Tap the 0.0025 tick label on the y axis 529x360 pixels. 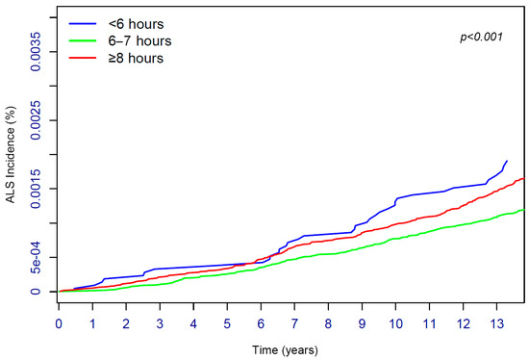pyautogui.click(x=36, y=121)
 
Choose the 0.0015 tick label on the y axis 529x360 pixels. pyautogui.click(x=36, y=189)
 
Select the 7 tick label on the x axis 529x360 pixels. pyautogui.click(x=294, y=309)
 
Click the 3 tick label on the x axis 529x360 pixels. pyautogui.click(x=160, y=309)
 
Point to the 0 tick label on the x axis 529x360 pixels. pyautogui.click(x=59, y=309)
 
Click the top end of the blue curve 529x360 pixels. pyautogui.click(x=507, y=161)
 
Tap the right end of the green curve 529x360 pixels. pyautogui.click(x=522, y=210)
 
